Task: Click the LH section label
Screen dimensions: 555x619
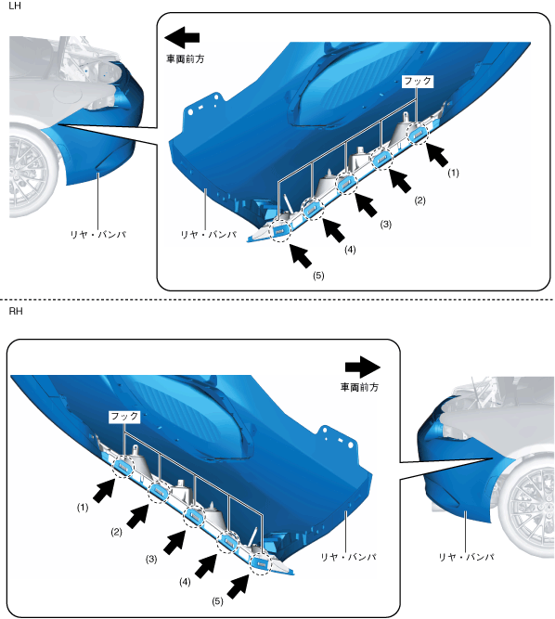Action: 15,6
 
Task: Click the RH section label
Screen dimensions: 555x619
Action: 16,311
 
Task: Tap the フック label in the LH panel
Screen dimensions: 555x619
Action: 418,82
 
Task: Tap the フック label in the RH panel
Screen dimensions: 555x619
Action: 124,417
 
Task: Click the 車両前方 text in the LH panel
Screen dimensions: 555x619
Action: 185,58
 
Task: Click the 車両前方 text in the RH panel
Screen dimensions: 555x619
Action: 359,387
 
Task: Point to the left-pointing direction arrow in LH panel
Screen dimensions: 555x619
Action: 182,37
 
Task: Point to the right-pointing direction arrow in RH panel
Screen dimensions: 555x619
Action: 362,368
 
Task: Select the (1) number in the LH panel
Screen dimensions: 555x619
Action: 453,173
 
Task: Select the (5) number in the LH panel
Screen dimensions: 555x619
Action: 318,276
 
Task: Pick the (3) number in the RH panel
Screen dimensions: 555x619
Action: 151,559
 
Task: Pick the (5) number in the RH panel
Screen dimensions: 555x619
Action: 217,601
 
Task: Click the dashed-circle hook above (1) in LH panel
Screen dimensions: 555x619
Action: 418,134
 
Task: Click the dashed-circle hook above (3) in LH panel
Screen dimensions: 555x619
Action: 346,183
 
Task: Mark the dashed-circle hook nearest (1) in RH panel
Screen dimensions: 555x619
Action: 123,466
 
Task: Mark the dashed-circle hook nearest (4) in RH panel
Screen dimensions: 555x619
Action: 228,542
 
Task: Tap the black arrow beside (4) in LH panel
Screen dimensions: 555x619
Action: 334,230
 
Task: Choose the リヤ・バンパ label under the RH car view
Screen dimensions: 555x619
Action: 466,557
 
